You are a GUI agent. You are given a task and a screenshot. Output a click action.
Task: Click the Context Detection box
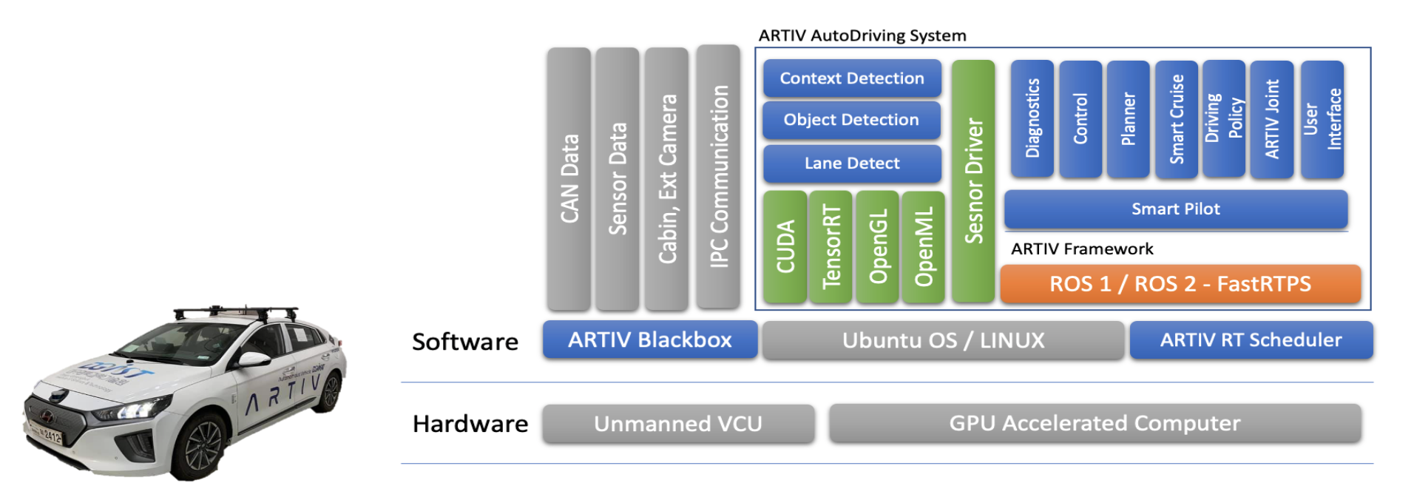pyautogui.click(x=852, y=78)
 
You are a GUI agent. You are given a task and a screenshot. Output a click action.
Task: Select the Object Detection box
pyautogui.click(x=851, y=120)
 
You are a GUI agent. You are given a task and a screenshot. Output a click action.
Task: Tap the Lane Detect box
pyautogui.click(x=852, y=163)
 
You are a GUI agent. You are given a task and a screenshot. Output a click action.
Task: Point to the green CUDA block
pyautogui.click(x=785, y=247)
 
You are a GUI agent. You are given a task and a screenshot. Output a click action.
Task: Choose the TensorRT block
pyautogui.click(x=831, y=247)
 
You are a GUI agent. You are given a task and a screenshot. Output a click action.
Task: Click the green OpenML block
pyautogui.click(x=923, y=247)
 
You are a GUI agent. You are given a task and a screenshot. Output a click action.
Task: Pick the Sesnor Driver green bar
pyautogui.click(x=973, y=181)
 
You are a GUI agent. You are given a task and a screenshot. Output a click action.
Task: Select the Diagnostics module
pyautogui.click(x=1032, y=119)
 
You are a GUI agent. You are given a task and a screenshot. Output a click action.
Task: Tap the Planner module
pyautogui.click(x=1128, y=119)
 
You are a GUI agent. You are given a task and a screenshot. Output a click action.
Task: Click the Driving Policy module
pyautogui.click(x=1224, y=118)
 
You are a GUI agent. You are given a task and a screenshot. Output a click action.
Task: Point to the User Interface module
pyautogui.click(x=1322, y=119)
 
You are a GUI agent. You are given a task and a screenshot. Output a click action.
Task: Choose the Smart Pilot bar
pyautogui.click(x=1176, y=209)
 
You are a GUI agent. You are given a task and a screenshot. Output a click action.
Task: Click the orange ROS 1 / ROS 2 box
pyautogui.click(x=1180, y=284)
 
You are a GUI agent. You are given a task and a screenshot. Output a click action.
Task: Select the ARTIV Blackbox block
pyautogui.click(x=649, y=340)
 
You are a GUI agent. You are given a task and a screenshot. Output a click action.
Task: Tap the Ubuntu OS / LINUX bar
pyautogui.click(x=943, y=340)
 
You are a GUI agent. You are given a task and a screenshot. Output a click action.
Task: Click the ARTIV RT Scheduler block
pyautogui.click(x=1251, y=340)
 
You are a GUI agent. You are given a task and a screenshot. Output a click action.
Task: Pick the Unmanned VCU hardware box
pyautogui.click(x=677, y=424)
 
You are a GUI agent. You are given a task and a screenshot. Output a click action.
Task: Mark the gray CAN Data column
pyautogui.click(x=569, y=179)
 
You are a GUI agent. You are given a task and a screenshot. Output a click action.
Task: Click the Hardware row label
pyautogui.click(x=470, y=424)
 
